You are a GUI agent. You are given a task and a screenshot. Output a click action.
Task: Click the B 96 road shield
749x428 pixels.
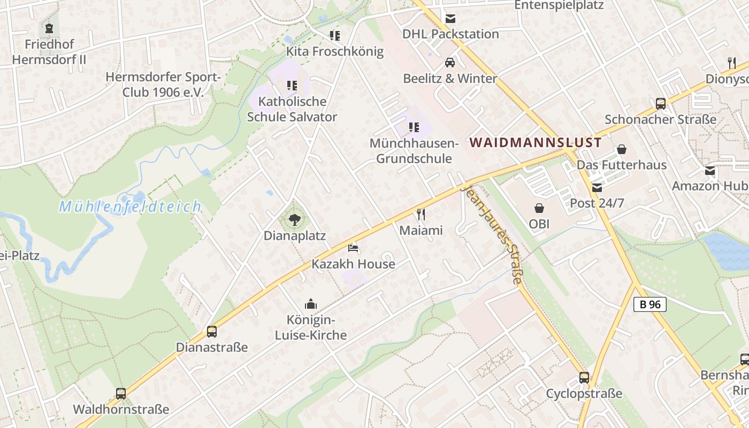pyautogui.click(x=650, y=304)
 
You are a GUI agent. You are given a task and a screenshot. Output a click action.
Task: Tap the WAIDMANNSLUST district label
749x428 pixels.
pyautogui.click(x=536, y=143)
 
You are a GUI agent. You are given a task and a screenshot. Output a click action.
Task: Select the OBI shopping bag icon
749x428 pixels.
pyautogui.click(x=539, y=208)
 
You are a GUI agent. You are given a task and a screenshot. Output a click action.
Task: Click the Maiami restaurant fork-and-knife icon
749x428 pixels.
pyautogui.click(x=421, y=215)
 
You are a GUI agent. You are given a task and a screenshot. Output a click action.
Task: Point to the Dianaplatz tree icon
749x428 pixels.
pyautogui.click(x=294, y=219)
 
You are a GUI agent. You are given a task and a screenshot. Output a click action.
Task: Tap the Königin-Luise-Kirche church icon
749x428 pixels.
pyautogui.click(x=311, y=304)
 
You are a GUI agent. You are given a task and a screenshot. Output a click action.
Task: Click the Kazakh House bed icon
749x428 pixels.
pyautogui.click(x=353, y=248)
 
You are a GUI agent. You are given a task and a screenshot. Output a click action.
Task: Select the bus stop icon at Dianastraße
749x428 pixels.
pyautogui.click(x=212, y=332)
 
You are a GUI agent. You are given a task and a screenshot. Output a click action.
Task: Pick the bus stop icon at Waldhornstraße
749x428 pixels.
pyautogui.click(x=121, y=394)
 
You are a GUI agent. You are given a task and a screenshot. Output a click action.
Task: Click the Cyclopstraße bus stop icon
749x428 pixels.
pyautogui.click(x=584, y=378)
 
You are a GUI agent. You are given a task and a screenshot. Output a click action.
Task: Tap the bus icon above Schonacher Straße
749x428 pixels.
pyautogui.click(x=661, y=103)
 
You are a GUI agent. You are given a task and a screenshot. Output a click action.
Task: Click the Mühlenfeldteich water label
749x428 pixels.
pyautogui.click(x=130, y=207)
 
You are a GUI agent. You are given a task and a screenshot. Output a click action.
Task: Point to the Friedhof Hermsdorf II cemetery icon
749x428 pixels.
pyautogui.click(x=49, y=28)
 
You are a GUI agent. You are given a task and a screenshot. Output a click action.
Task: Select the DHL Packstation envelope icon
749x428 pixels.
pyautogui.click(x=450, y=19)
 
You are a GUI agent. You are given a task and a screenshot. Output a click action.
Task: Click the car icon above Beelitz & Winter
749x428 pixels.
pyautogui.click(x=450, y=63)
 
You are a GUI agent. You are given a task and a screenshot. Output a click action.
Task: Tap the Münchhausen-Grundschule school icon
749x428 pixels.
pyautogui.click(x=414, y=127)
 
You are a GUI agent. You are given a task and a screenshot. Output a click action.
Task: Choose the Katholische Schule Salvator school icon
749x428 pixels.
pyautogui.click(x=292, y=85)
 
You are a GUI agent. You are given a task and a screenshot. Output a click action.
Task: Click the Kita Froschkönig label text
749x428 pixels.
pyautogui.click(x=335, y=51)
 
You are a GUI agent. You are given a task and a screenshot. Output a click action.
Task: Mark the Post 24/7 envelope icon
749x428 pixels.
pyautogui.click(x=597, y=187)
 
